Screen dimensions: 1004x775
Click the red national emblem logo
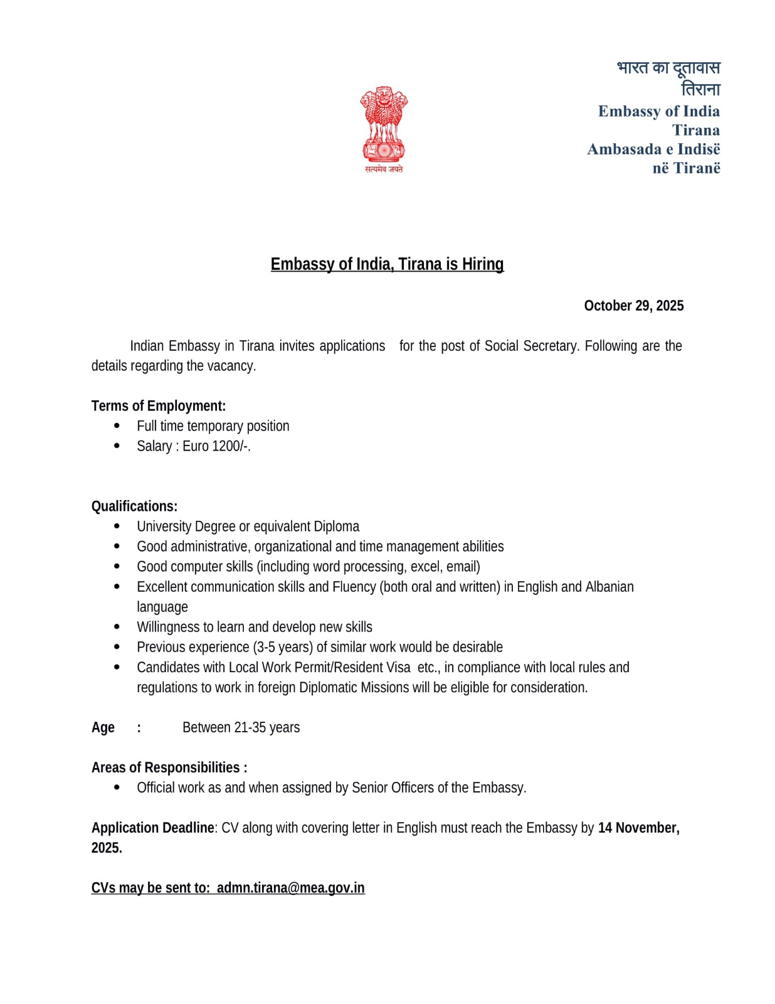[x=383, y=129]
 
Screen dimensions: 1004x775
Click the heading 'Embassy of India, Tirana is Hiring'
[x=387, y=264]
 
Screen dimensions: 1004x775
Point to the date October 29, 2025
[x=633, y=306]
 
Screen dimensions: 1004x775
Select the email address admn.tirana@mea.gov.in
[x=290, y=888]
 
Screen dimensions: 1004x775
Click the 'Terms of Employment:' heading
[x=158, y=406]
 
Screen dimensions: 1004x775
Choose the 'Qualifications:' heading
[x=134, y=506]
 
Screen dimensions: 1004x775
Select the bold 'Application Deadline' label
[x=152, y=828]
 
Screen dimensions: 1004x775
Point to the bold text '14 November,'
[x=638, y=828]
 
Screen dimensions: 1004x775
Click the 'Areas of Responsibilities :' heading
[x=169, y=767]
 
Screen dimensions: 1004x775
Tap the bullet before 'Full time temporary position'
[x=117, y=426]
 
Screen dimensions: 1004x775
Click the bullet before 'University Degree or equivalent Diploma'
[x=117, y=526]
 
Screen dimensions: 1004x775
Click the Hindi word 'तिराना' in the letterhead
[x=700, y=89]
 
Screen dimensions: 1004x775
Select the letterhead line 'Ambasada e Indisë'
[x=653, y=149]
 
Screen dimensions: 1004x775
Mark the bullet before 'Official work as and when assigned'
[x=117, y=788]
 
